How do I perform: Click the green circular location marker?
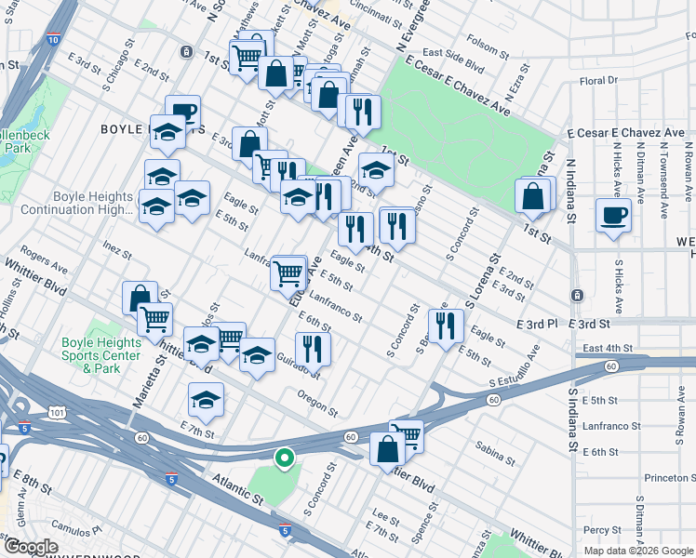tap(284, 458)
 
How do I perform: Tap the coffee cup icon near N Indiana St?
tap(613, 216)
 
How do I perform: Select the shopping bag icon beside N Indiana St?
tap(533, 196)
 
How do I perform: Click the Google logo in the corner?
tap(31, 546)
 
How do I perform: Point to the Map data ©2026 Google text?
tap(638, 551)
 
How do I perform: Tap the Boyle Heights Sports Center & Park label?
tap(101, 355)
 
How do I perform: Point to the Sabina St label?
tap(495, 455)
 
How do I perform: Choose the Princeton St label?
tap(670, 478)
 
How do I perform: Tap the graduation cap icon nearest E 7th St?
tap(206, 400)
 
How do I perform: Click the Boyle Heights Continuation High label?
tap(94, 204)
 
